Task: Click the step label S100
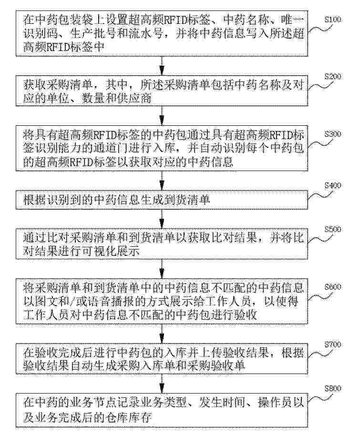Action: [332, 20]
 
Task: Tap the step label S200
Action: [332, 77]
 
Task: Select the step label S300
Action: [332, 134]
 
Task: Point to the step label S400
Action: [332, 185]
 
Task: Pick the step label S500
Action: [332, 230]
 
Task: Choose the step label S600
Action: [332, 287]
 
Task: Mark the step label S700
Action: [332, 344]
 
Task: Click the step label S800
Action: [332, 388]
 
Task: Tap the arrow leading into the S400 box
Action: [162, 181]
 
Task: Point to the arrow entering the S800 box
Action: [162, 384]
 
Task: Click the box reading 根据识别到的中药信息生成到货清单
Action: [162, 200]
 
